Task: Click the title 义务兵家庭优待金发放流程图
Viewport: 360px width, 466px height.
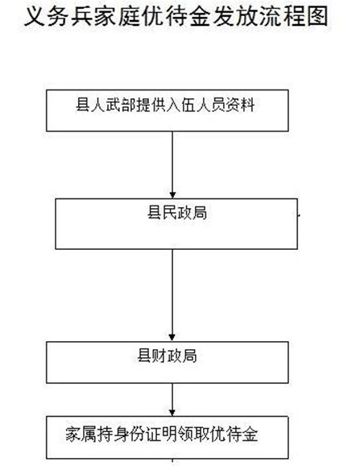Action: pyautogui.click(x=176, y=17)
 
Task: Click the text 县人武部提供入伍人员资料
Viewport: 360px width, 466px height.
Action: pyautogui.click(x=165, y=105)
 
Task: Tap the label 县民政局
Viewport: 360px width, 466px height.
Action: pyautogui.click(x=177, y=213)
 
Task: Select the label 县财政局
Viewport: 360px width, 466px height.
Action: pyautogui.click(x=167, y=356)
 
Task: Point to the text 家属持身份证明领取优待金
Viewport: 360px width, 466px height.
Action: pyautogui.click(x=161, y=435)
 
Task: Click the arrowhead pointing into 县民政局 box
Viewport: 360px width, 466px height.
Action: pyautogui.click(x=172, y=195)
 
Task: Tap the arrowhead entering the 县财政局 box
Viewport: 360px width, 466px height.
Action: pyautogui.click(x=172, y=337)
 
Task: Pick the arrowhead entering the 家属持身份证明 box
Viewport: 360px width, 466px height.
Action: pyautogui.click(x=172, y=413)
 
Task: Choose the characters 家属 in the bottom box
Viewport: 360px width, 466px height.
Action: pyautogui.click(x=80, y=435)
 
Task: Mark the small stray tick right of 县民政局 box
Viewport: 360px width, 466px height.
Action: pyautogui.click(x=299, y=215)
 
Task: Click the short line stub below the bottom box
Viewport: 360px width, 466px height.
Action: pyautogui.click(x=172, y=462)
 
